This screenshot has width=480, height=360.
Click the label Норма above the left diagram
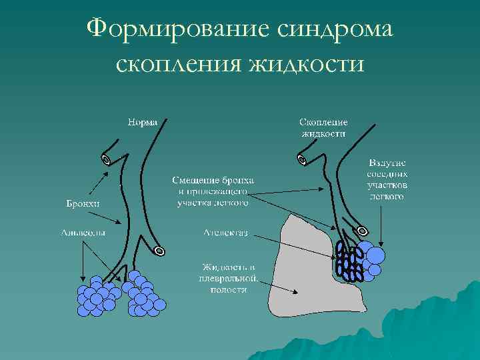coord(143,123)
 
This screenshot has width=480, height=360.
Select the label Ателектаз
coord(226,233)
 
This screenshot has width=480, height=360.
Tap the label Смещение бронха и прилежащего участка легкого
coord(213,191)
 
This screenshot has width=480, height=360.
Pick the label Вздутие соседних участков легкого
coord(387,180)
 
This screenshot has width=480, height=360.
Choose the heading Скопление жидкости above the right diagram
coord(323,128)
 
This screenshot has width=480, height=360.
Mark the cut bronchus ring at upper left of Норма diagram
coord(105,160)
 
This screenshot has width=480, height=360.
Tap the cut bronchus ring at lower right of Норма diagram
coord(159,251)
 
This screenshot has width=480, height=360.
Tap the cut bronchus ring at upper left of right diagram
coord(301,160)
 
